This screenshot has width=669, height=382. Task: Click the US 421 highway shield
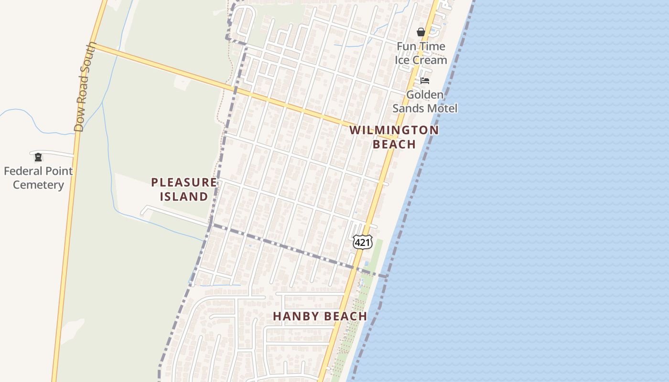click(362, 243)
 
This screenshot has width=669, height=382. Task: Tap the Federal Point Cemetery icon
click(38, 157)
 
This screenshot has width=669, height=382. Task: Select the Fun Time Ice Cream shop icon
click(421, 32)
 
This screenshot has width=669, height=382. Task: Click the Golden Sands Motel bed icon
click(425, 81)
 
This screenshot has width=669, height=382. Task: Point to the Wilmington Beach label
click(394, 137)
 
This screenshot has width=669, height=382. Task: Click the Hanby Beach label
click(320, 316)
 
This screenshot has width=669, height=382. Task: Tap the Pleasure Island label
click(184, 189)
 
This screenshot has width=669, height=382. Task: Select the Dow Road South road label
click(82, 87)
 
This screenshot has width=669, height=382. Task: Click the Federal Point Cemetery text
click(38, 178)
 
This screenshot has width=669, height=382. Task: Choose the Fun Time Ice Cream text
click(421, 53)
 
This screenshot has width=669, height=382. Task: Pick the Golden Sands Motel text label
click(425, 102)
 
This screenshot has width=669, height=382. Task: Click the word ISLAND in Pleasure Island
click(184, 196)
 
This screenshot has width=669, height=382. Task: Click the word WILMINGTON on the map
click(394, 130)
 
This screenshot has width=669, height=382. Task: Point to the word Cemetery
click(38, 185)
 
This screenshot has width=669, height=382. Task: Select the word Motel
click(442, 108)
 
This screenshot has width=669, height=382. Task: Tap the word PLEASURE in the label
click(184, 182)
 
